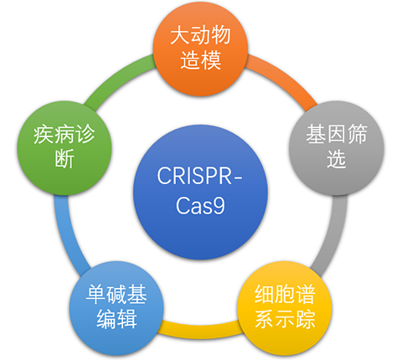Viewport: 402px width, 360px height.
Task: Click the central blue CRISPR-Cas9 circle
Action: pyautogui.click(x=200, y=192)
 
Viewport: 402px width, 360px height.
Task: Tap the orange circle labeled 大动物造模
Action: pyautogui.click(x=200, y=49)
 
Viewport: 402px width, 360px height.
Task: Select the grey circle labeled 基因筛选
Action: pyautogui.click(x=337, y=148)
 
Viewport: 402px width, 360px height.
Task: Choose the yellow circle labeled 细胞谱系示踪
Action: pyautogui.click(x=285, y=308)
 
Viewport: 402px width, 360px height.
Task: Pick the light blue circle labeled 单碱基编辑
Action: pyautogui.click(x=116, y=308)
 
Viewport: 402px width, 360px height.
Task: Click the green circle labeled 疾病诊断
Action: pyautogui.click(x=64, y=148)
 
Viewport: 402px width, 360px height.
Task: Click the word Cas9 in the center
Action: pyautogui.click(x=200, y=206)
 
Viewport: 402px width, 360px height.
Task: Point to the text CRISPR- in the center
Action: pyautogui.click(x=199, y=176)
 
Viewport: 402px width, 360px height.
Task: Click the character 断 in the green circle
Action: pyautogui.click(x=64, y=158)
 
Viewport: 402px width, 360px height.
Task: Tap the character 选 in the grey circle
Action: pyautogui.click(x=337, y=158)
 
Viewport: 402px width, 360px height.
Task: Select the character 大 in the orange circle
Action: pyautogui.click(x=180, y=36)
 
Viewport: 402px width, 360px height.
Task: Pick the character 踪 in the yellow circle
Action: pyautogui.click(x=306, y=319)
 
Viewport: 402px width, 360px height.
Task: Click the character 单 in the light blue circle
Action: pyautogui.click(x=95, y=295)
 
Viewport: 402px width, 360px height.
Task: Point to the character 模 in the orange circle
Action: pyautogui.click(x=211, y=60)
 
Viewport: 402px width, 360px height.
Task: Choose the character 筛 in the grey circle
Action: pyautogui.click(x=357, y=135)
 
